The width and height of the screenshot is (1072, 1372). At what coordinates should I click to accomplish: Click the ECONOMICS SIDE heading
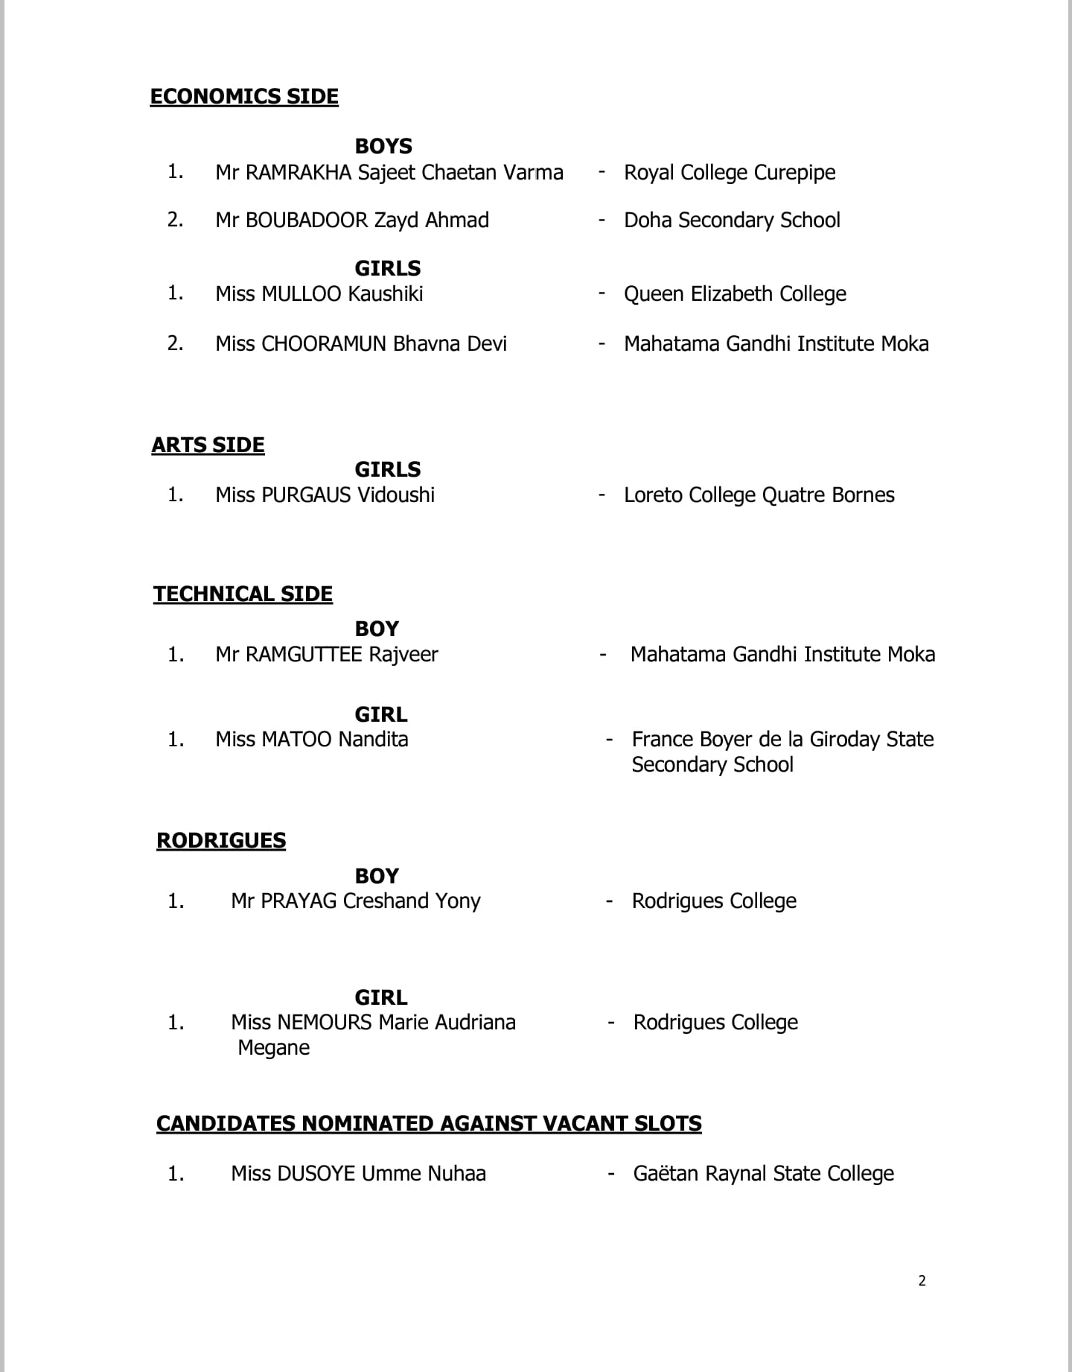(x=244, y=97)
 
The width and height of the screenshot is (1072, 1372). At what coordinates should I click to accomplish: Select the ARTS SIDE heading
(x=208, y=445)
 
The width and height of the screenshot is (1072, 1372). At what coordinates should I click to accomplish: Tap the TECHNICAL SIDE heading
(x=243, y=594)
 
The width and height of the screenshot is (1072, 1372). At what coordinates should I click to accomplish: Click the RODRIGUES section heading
(x=221, y=841)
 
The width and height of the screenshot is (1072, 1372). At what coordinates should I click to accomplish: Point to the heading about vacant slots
(x=429, y=1124)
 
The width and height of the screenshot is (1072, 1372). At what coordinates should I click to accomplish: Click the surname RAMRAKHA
(x=299, y=173)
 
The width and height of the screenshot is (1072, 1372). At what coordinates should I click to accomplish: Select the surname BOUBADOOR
(x=307, y=220)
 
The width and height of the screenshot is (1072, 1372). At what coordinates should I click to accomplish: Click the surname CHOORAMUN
(x=324, y=344)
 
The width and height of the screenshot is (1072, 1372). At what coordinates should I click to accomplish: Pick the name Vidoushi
(x=396, y=495)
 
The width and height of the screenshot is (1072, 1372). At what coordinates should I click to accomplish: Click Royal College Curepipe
(x=730, y=173)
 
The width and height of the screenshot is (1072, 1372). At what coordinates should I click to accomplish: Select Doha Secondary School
(x=732, y=220)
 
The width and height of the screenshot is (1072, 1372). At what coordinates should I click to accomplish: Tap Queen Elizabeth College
(x=735, y=294)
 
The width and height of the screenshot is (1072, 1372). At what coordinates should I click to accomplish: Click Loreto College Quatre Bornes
(x=759, y=495)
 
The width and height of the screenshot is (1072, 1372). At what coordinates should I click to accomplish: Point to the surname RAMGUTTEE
(x=304, y=655)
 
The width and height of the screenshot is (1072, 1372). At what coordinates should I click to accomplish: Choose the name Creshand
(x=386, y=901)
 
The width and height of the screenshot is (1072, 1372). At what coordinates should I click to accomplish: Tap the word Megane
(x=274, y=1048)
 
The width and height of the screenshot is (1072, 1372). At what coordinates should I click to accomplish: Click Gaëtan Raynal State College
(x=763, y=1174)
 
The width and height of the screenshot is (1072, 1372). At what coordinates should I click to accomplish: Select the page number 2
(x=922, y=1281)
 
